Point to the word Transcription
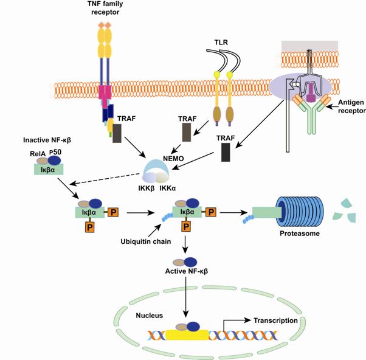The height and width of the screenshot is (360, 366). click(275, 320)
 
